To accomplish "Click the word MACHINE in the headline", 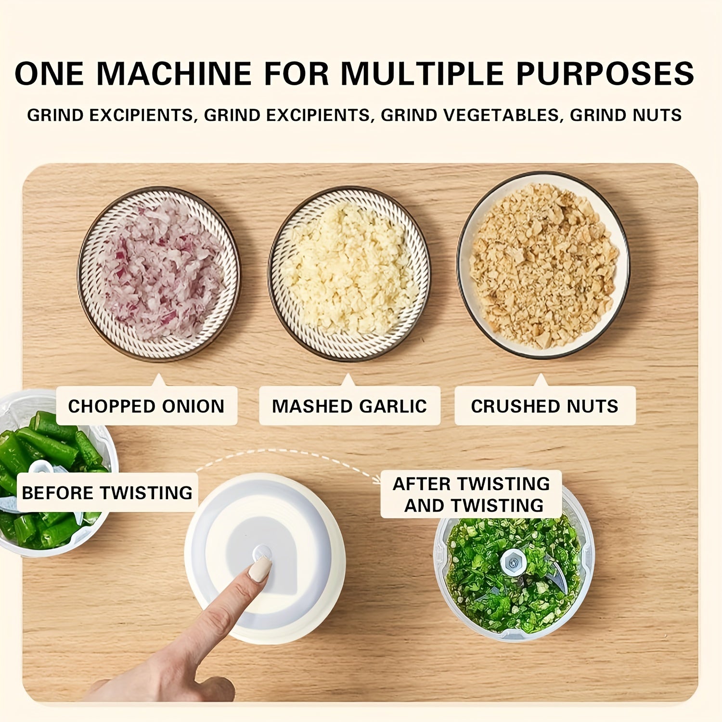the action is click(x=174, y=74).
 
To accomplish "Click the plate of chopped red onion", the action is click(x=159, y=273).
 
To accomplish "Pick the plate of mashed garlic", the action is click(x=349, y=273).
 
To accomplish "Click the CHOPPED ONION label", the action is click(x=146, y=406).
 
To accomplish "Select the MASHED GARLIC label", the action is click(x=349, y=406).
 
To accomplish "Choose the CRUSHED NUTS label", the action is click(x=545, y=406).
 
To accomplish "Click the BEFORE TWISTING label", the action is click(x=107, y=492).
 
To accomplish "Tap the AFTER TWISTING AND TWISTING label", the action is click(x=471, y=494).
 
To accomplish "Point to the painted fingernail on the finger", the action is click(x=260, y=569).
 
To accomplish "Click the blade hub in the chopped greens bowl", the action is click(x=514, y=562).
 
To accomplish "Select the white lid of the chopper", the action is click(x=265, y=558).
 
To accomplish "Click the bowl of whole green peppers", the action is click(x=53, y=474).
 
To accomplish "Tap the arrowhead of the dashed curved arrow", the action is click(x=376, y=479).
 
